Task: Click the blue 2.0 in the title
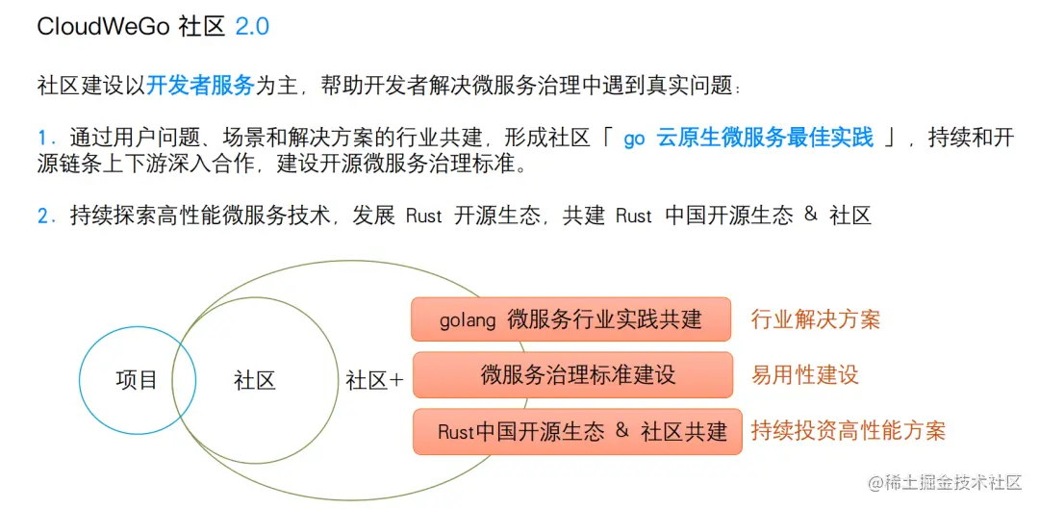(x=252, y=27)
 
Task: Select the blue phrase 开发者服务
(x=200, y=86)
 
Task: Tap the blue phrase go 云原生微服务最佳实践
(x=748, y=138)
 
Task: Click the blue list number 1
(x=42, y=138)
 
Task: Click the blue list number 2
(x=43, y=216)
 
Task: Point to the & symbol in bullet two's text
(x=810, y=215)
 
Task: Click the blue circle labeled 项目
(x=137, y=380)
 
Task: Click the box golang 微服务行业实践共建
(x=571, y=319)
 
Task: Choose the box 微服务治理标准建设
(x=571, y=375)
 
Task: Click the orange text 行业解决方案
(x=815, y=319)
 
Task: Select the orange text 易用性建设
(x=804, y=375)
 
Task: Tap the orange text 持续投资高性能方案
(x=848, y=431)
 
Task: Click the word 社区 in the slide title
(x=201, y=27)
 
